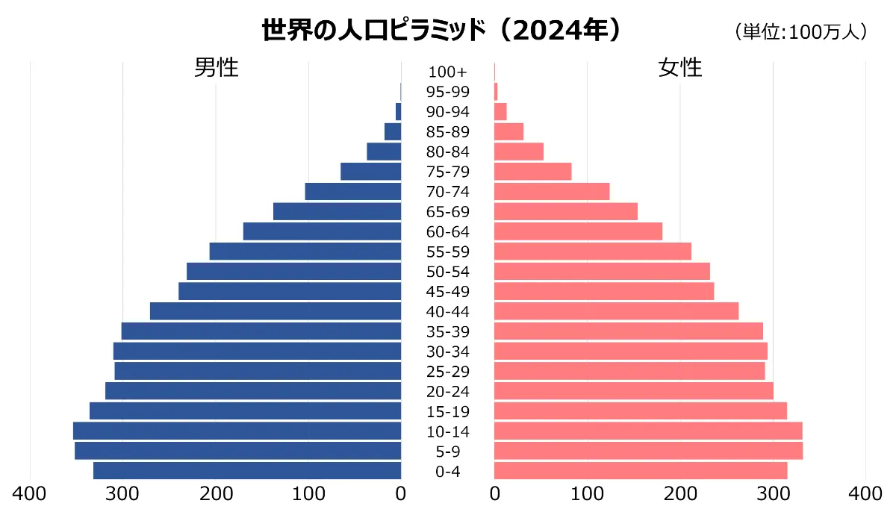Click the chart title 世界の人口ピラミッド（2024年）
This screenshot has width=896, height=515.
pos(441,31)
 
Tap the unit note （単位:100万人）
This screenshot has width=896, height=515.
pos(800,32)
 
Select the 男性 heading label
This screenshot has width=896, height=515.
pos(217,68)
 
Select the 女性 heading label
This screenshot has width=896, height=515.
pos(680,68)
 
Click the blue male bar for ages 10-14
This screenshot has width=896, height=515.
pos(237,431)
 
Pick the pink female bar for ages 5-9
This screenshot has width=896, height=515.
pos(648,451)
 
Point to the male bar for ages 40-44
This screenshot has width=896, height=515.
pos(276,311)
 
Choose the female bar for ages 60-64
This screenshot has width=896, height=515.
pos(578,231)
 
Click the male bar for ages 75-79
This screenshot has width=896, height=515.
pos(370,172)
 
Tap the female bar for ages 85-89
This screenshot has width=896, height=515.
pos(508,131)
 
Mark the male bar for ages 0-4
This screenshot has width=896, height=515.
pos(247,471)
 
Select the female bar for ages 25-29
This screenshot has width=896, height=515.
pos(629,371)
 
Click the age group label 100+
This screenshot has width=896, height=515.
pos(447,72)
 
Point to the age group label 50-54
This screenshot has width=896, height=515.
pos(447,272)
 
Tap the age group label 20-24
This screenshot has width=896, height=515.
pos(447,392)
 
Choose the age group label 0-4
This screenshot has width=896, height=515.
pos(447,472)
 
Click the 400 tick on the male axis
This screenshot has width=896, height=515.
pos(31,493)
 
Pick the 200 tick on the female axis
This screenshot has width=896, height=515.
pos(680,493)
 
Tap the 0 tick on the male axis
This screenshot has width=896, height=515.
pos(401,493)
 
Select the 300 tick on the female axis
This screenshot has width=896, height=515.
pos(773,493)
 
